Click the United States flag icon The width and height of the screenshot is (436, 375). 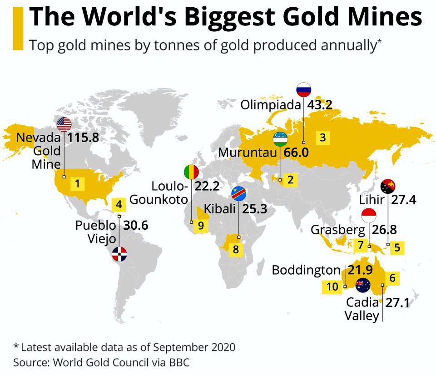click(x=64, y=124)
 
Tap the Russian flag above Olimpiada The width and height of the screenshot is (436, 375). click(x=304, y=89)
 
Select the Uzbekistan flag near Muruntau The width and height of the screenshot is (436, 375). click(x=280, y=139)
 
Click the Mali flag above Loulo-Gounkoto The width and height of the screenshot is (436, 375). click(x=191, y=172)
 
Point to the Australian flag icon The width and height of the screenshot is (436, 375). click(x=363, y=285)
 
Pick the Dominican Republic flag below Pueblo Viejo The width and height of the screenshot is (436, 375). click(x=119, y=254)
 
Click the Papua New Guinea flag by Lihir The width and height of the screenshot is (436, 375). click(x=388, y=187)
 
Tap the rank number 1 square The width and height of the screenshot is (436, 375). click(x=77, y=183)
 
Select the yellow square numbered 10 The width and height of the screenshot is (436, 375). click(x=332, y=286)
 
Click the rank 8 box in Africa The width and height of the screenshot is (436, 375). click(x=236, y=249)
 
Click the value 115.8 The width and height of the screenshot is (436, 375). click(x=83, y=138)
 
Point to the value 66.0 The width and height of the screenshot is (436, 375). click(x=296, y=153)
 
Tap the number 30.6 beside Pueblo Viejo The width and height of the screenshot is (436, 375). click(x=136, y=226)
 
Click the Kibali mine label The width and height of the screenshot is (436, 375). click(x=220, y=209)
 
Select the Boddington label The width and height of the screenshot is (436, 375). click(x=306, y=270)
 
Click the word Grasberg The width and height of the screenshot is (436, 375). click(x=338, y=230)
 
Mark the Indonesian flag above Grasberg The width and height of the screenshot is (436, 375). click(x=369, y=216)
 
